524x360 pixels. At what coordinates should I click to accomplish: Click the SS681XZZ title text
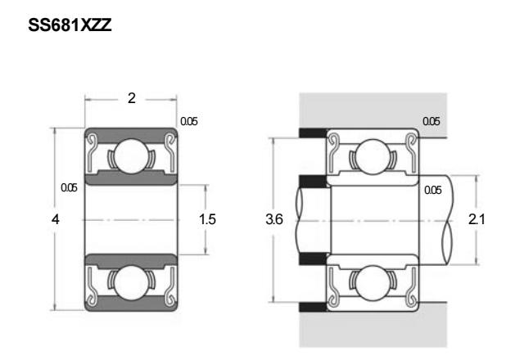tap(70, 25)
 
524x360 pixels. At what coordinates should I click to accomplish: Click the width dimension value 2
tap(132, 98)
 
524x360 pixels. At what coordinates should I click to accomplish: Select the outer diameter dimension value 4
tap(56, 219)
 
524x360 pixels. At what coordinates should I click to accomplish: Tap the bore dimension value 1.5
tap(207, 219)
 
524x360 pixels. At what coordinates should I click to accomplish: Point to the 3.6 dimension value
tap(274, 219)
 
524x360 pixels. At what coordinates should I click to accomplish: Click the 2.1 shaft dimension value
tap(477, 219)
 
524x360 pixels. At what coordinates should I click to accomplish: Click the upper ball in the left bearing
tap(131, 156)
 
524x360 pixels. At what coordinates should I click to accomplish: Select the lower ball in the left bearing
tap(131, 282)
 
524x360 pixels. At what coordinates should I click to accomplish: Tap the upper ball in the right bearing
tap(373, 156)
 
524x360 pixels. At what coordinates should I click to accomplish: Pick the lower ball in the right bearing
tap(373, 283)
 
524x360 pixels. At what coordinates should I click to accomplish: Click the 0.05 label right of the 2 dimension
tap(189, 121)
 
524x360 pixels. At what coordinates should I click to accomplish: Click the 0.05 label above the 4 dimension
tap(69, 187)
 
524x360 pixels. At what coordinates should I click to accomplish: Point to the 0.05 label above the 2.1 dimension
tap(433, 190)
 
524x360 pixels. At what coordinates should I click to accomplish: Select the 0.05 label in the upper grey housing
tap(431, 121)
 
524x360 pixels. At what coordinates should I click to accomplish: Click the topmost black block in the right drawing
tap(313, 133)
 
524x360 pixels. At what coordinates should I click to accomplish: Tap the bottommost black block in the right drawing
tap(313, 307)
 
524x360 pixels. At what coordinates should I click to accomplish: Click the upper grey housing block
tap(373, 111)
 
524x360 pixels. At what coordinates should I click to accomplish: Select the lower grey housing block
tap(373, 329)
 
